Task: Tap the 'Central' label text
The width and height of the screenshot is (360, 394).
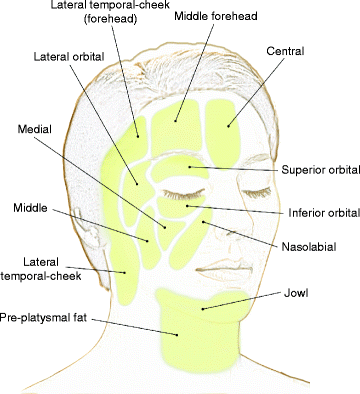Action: pos(286,49)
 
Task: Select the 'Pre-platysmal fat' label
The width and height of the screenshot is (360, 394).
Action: pos(46,314)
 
